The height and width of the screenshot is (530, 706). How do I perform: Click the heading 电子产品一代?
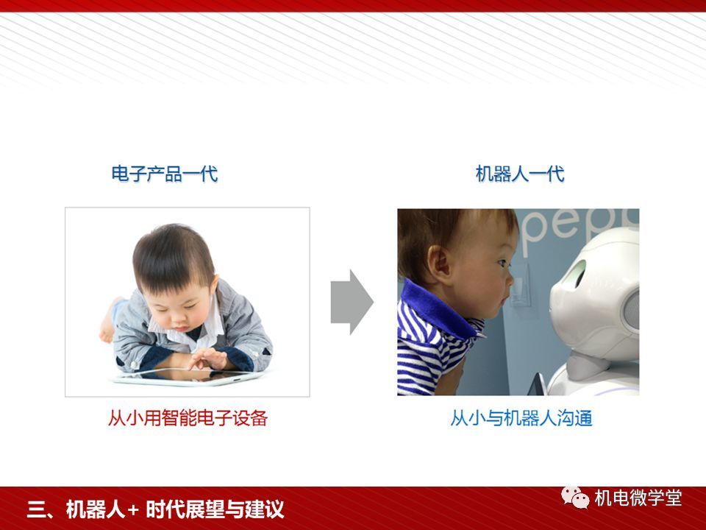click(x=165, y=174)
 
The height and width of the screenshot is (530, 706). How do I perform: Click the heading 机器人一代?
click(x=520, y=174)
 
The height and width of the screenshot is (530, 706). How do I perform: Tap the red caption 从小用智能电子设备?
click(x=188, y=418)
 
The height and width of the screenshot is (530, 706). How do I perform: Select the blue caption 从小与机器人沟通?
click(x=521, y=418)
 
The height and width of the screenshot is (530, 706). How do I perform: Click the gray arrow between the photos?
click(x=352, y=302)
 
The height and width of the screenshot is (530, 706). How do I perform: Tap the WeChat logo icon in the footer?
click(x=575, y=498)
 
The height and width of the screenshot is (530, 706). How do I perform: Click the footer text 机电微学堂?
click(x=638, y=498)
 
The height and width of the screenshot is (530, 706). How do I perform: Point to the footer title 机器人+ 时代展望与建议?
click(x=175, y=509)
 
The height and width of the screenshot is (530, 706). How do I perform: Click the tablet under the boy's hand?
click(x=189, y=376)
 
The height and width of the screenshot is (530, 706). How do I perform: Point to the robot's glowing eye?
click(x=576, y=274)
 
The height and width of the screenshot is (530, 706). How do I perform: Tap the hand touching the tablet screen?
click(x=208, y=358)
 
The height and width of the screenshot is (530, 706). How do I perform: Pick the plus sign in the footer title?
click(x=133, y=510)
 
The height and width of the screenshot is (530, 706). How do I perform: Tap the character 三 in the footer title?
click(x=37, y=509)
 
